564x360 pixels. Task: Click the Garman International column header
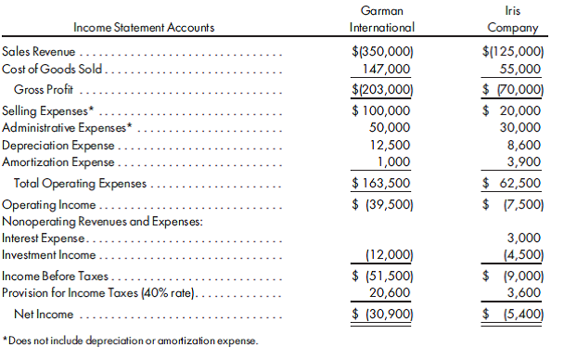380,19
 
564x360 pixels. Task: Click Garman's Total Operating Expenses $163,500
381,184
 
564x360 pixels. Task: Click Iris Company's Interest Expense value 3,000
524,238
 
